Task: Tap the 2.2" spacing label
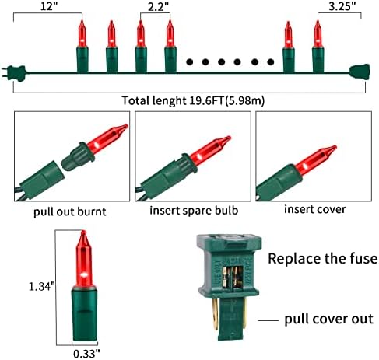[158, 6]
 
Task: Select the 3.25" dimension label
[342, 5]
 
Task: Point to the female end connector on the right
[360, 72]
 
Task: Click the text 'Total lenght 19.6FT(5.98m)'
[193, 100]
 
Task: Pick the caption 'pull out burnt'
[70, 211]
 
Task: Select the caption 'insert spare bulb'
[194, 210]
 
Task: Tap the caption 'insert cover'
[315, 209]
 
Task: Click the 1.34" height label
[41, 287]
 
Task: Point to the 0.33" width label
[86, 354]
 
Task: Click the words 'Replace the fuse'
[322, 259]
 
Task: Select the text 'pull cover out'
[329, 319]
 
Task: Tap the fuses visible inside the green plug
[232, 278]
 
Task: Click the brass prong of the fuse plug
[214, 314]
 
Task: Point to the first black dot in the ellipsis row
[190, 62]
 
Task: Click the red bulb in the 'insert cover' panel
[316, 158]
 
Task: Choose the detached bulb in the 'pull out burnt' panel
[95, 147]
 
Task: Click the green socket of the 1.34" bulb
[84, 315]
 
